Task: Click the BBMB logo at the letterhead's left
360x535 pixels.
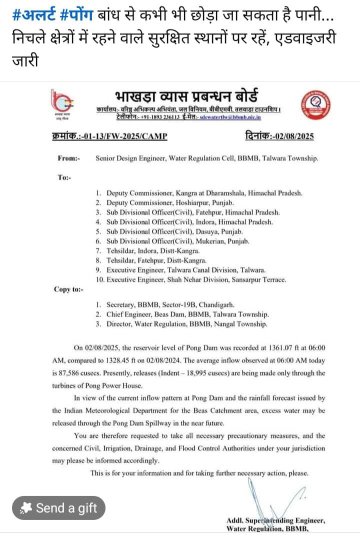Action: [63, 102]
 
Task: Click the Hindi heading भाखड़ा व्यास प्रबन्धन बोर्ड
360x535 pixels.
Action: [188, 95]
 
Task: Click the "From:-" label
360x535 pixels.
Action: [68, 158]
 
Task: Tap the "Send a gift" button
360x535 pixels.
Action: [59, 508]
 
